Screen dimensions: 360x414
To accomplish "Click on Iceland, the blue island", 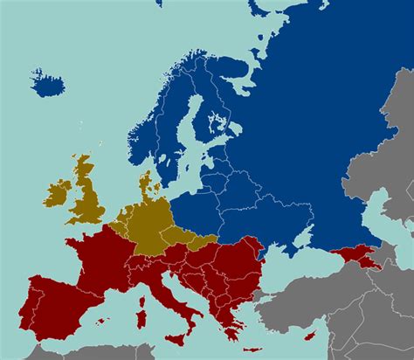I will click(x=47, y=83).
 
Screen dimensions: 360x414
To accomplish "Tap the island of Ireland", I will click(x=57, y=194).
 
